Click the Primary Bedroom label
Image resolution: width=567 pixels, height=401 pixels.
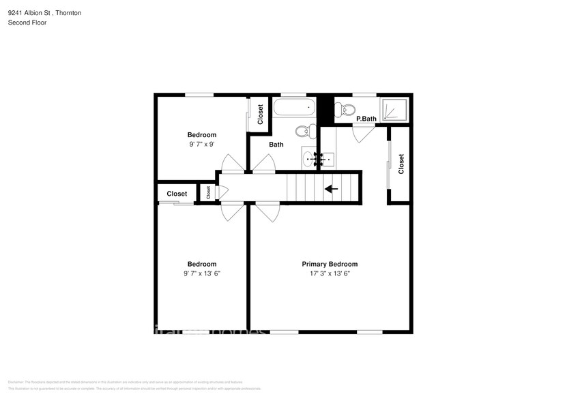pyautogui.click(x=330, y=264)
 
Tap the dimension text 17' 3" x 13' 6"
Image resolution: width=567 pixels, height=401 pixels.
pyautogui.click(x=330, y=273)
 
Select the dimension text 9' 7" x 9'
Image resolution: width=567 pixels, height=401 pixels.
pyautogui.click(x=202, y=145)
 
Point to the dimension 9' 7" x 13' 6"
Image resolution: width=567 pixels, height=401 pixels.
pyautogui.click(x=202, y=273)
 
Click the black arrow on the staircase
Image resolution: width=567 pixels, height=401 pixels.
pyautogui.click(x=332, y=189)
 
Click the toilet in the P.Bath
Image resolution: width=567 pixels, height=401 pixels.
pyautogui.click(x=348, y=109)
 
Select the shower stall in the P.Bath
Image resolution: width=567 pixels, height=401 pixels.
pyautogui.click(x=394, y=108)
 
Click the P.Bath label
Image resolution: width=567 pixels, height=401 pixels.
pyautogui.click(x=366, y=119)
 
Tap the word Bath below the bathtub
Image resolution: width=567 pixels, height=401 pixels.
pyautogui.click(x=276, y=145)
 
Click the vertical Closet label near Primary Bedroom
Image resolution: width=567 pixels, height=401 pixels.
pyautogui.click(x=401, y=164)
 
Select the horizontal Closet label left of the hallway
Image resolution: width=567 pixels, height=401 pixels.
pyautogui.click(x=177, y=194)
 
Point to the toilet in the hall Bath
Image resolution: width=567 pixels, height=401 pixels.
pyautogui.click(x=304, y=130)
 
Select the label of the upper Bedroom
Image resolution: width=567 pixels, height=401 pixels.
pyautogui.click(x=202, y=134)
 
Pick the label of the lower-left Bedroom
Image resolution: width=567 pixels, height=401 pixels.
pyautogui.click(x=202, y=264)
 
